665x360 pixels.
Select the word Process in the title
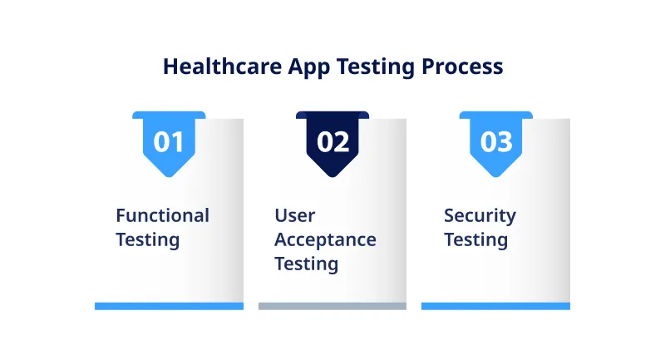(462, 67)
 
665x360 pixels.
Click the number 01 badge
(169, 141)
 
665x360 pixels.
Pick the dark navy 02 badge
(332, 141)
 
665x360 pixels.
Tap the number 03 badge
(496, 141)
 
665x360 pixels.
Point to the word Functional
(162, 215)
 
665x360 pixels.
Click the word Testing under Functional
(147, 239)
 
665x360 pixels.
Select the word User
(295, 215)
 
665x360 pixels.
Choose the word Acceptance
(325, 239)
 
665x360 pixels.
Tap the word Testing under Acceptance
(306, 264)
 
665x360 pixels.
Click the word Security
(480, 215)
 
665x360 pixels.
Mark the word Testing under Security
(475, 239)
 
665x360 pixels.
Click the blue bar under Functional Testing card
(169, 306)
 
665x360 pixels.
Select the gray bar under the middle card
(332, 306)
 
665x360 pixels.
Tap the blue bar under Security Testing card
(495, 306)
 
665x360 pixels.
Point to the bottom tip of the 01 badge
(169, 174)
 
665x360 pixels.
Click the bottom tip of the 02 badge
(332, 174)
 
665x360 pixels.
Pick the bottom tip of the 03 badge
(496, 174)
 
